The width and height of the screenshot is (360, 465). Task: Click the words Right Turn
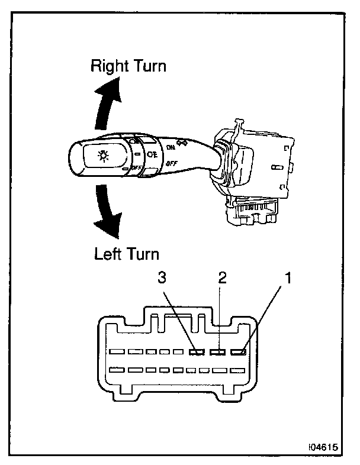click(x=128, y=66)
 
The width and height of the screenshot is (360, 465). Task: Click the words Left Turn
click(x=127, y=254)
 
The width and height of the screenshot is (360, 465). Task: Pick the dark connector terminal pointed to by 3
click(x=197, y=353)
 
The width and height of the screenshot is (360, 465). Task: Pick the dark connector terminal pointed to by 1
click(x=239, y=353)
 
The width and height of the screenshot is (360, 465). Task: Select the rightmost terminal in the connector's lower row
click(x=238, y=371)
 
